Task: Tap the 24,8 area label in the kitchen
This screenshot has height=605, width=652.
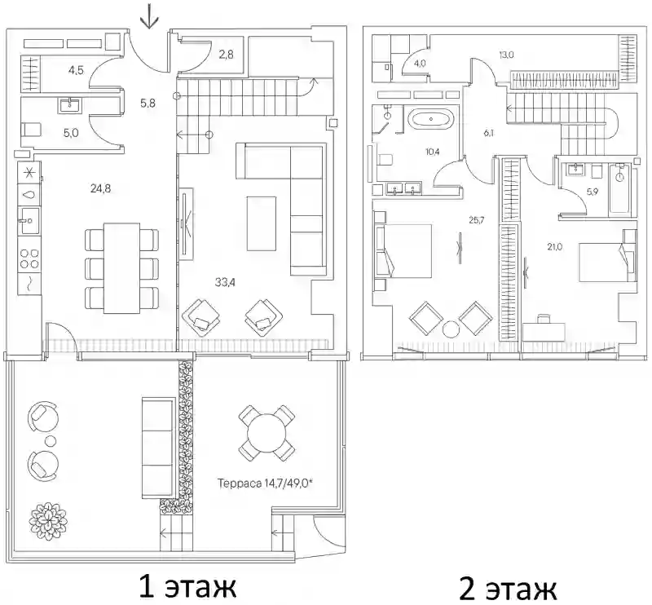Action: (100, 189)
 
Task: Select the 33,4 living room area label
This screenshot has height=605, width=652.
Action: (225, 283)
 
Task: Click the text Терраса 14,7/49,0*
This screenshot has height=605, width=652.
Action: (265, 484)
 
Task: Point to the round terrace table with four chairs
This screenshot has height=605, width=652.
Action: (267, 434)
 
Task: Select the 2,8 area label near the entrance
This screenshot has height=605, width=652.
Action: (226, 55)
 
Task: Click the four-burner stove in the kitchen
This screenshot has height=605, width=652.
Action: (30, 258)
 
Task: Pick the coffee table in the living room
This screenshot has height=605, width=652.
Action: (261, 224)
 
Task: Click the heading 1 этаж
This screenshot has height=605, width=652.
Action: (187, 586)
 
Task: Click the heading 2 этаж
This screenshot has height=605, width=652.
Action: (508, 589)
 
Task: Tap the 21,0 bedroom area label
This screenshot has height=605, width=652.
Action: (555, 247)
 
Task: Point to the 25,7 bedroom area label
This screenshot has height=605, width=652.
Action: (477, 220)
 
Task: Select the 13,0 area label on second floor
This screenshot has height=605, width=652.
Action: (506, 55)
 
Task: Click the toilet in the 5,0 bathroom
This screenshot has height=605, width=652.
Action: (30, 130)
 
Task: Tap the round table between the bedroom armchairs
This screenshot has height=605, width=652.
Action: (451, 329)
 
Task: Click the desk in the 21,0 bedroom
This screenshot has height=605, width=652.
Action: (544, 331)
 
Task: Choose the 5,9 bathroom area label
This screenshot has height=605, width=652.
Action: (593, 192)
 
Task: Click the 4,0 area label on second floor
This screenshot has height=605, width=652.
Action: (420, 64)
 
